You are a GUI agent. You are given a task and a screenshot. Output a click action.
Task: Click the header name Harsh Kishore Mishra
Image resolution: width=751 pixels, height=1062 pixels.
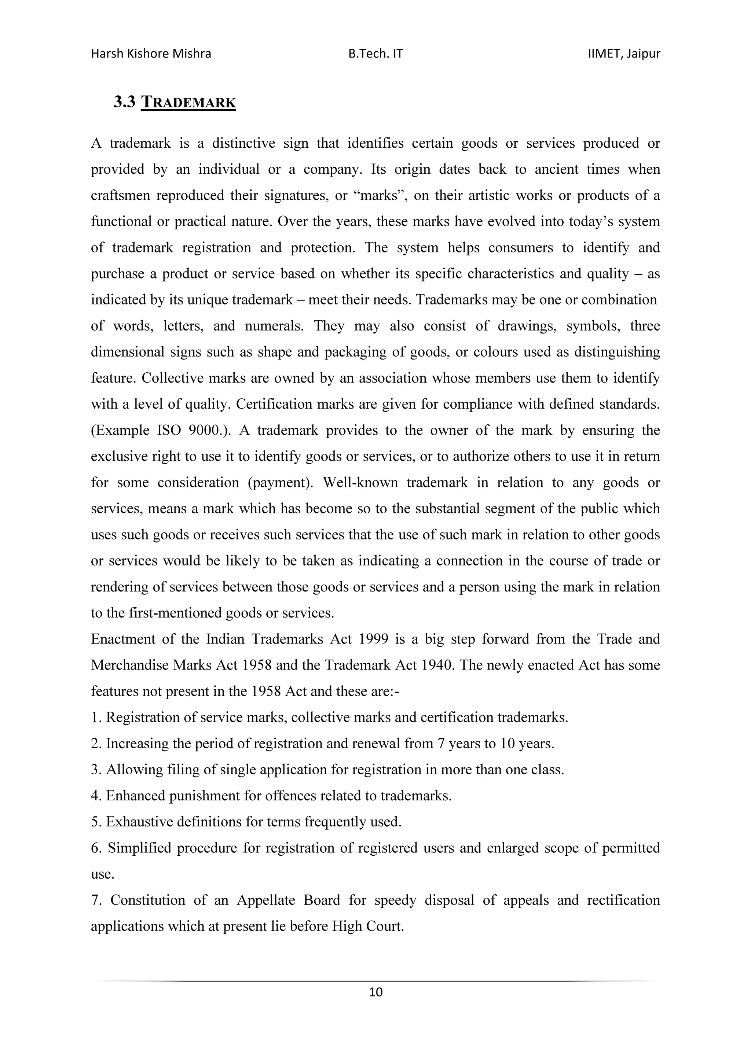pyautogui.click(x=151, y=54)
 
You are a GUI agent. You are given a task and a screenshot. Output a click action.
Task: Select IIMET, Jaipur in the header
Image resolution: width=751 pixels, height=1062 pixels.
pyautogui.click(x=624, y=54)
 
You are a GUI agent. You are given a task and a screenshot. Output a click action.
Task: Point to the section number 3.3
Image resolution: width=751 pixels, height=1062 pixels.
pyautogui.click(x=124, y=102)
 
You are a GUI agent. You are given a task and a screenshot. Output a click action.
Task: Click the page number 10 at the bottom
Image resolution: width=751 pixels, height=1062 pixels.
pyautogui.click(x=376, y=992)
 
